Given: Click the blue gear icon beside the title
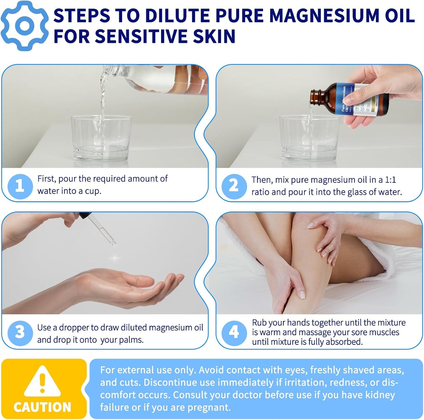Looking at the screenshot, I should (x=25, y=26).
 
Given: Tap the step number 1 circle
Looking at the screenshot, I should (x=20, y=186).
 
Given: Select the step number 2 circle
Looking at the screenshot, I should (x=234, y=186).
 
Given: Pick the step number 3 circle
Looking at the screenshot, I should (x=20, y=333).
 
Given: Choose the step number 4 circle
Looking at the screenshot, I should (x=234, y=332).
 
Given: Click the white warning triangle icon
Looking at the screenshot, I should (x=43, y=382).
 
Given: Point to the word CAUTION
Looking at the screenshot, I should (x=43, y=407).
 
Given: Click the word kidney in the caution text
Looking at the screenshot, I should (x=381, y=395).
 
